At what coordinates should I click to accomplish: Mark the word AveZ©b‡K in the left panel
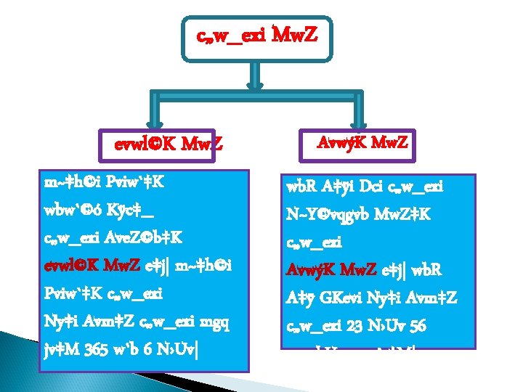coord(139,235)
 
